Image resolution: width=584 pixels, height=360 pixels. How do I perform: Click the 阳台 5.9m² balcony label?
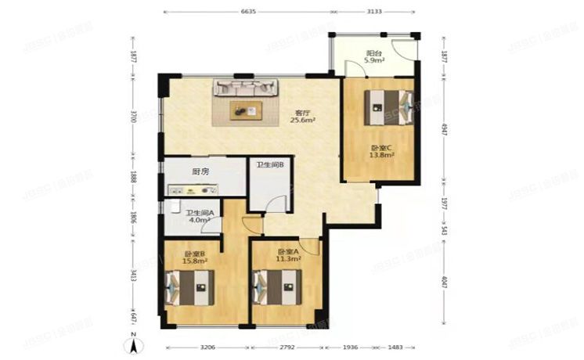374,56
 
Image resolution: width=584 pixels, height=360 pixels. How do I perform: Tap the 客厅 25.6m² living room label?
302,117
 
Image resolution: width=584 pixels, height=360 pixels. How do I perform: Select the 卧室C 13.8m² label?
381,151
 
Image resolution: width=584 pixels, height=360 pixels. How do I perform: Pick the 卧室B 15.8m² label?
194,257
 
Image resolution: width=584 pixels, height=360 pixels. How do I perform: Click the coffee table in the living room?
246,110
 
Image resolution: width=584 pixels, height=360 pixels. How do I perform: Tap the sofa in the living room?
245,89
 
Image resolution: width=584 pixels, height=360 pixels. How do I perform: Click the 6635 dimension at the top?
248,12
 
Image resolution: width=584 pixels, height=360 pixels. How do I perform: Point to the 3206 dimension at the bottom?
207,347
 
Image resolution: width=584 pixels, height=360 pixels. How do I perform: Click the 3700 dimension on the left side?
133,116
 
